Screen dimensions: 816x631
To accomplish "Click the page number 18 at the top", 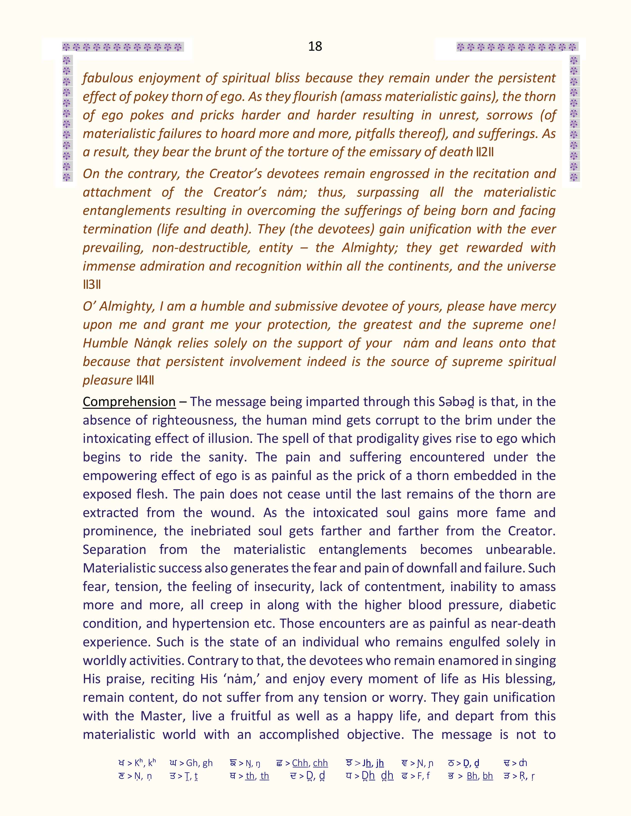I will coord(315,46).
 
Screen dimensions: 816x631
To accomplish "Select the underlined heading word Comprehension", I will coord(129,402).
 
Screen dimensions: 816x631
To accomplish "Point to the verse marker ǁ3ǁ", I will coord(92,285).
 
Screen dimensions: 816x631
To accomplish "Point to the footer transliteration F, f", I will coord(420,776).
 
